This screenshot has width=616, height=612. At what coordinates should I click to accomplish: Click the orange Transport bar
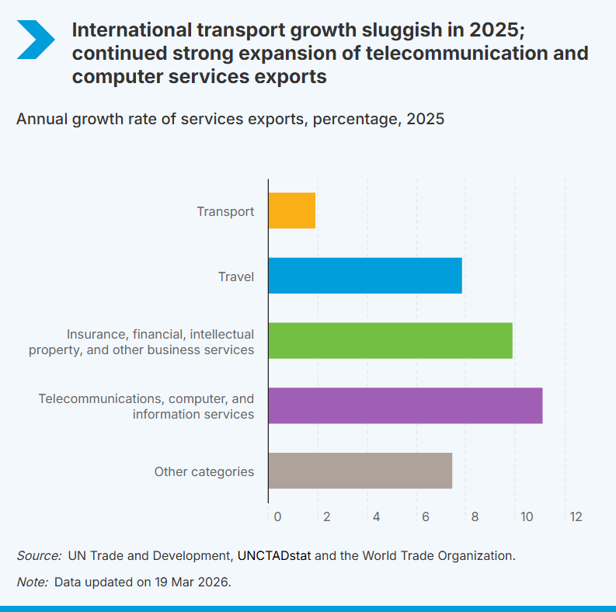(x=292, y=210)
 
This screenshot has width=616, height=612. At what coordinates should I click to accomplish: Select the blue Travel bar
(x=365, y=276)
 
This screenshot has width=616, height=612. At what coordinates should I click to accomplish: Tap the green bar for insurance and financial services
(x=390, y=340)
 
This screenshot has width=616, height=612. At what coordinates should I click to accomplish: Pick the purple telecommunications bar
(x=405, y=405)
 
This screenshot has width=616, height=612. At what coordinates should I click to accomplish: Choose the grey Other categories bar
(x=360, y=471)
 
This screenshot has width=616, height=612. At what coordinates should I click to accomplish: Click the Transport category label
(x=225, y=211)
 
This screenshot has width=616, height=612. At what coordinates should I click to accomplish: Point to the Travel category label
(x=236, y=276)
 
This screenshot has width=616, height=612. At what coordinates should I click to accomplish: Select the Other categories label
(x=204, y=471)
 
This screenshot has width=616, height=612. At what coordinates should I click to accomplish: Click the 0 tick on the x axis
(x=277, y=516)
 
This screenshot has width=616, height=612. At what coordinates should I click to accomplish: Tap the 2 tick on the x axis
(x=327, y=516)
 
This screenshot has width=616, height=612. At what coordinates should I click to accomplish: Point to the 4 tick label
(x=376, y=516)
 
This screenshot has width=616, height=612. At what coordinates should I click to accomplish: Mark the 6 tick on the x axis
(x=426, y=516)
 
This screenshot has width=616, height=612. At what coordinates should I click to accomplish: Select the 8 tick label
(x=475, y=516)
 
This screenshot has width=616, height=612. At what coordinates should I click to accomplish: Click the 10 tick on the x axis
(x=526, y=516)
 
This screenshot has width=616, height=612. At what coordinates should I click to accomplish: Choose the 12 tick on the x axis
(x=575, y=516)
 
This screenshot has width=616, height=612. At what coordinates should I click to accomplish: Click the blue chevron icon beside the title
(x=35, y=39)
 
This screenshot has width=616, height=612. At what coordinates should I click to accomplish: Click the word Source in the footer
(x=38, y=555)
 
